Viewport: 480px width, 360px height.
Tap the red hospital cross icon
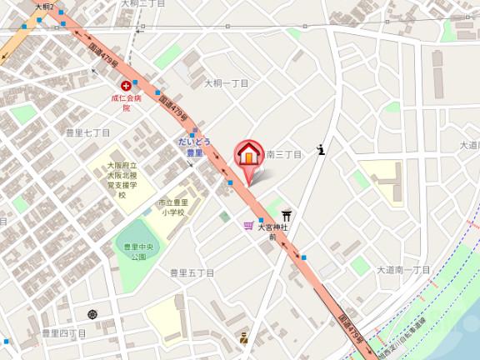click(x=126, y=85)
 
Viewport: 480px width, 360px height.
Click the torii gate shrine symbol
click(x=287, y=215)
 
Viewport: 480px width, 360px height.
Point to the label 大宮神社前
click(x=272, y=230)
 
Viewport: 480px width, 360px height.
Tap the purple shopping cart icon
click(x=248, y=226)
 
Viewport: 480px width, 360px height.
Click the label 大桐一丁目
click(x=227, y=83)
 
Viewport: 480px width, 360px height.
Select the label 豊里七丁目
click(x=87, y=132)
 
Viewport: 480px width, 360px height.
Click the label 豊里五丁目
click(x=192, y=272)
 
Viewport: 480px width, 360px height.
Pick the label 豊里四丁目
click(x=64, y=333)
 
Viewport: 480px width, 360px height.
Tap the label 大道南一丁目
click(x=402, y=270)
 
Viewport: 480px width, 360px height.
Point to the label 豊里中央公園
click(x=129, y=252)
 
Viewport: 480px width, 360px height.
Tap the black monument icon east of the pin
click(x=321, y=150)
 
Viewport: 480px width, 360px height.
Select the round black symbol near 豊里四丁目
click(x=92, y=314)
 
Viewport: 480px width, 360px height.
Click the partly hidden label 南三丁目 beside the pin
click(x=282, y=154)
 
